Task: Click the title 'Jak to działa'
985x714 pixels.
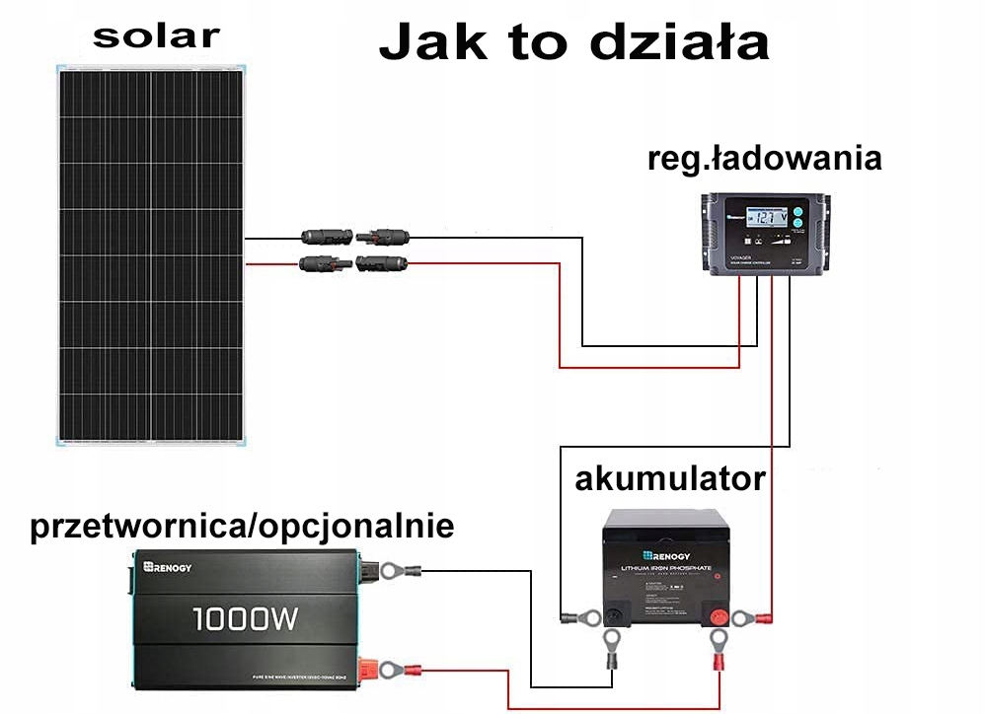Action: click(x=573, y=44)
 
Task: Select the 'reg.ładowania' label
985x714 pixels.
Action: click(x=764, y=159)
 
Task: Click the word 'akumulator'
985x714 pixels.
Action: click(x=669, y=479)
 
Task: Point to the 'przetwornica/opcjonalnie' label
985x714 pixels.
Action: click(x=243, y=527)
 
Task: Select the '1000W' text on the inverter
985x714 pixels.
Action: click(x=245, y=619)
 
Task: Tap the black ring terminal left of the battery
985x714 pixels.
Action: click(x=583, y=618)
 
